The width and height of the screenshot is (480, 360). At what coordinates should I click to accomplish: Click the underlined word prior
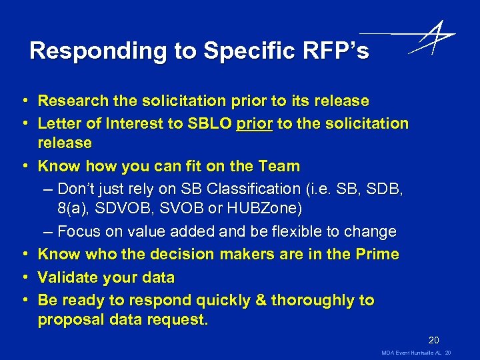point(255,123)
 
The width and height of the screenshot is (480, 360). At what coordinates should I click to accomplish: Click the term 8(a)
point(73,209)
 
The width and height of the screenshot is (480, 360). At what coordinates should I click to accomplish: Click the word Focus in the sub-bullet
point(79,232)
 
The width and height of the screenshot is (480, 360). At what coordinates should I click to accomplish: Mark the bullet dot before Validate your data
point(23,277)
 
